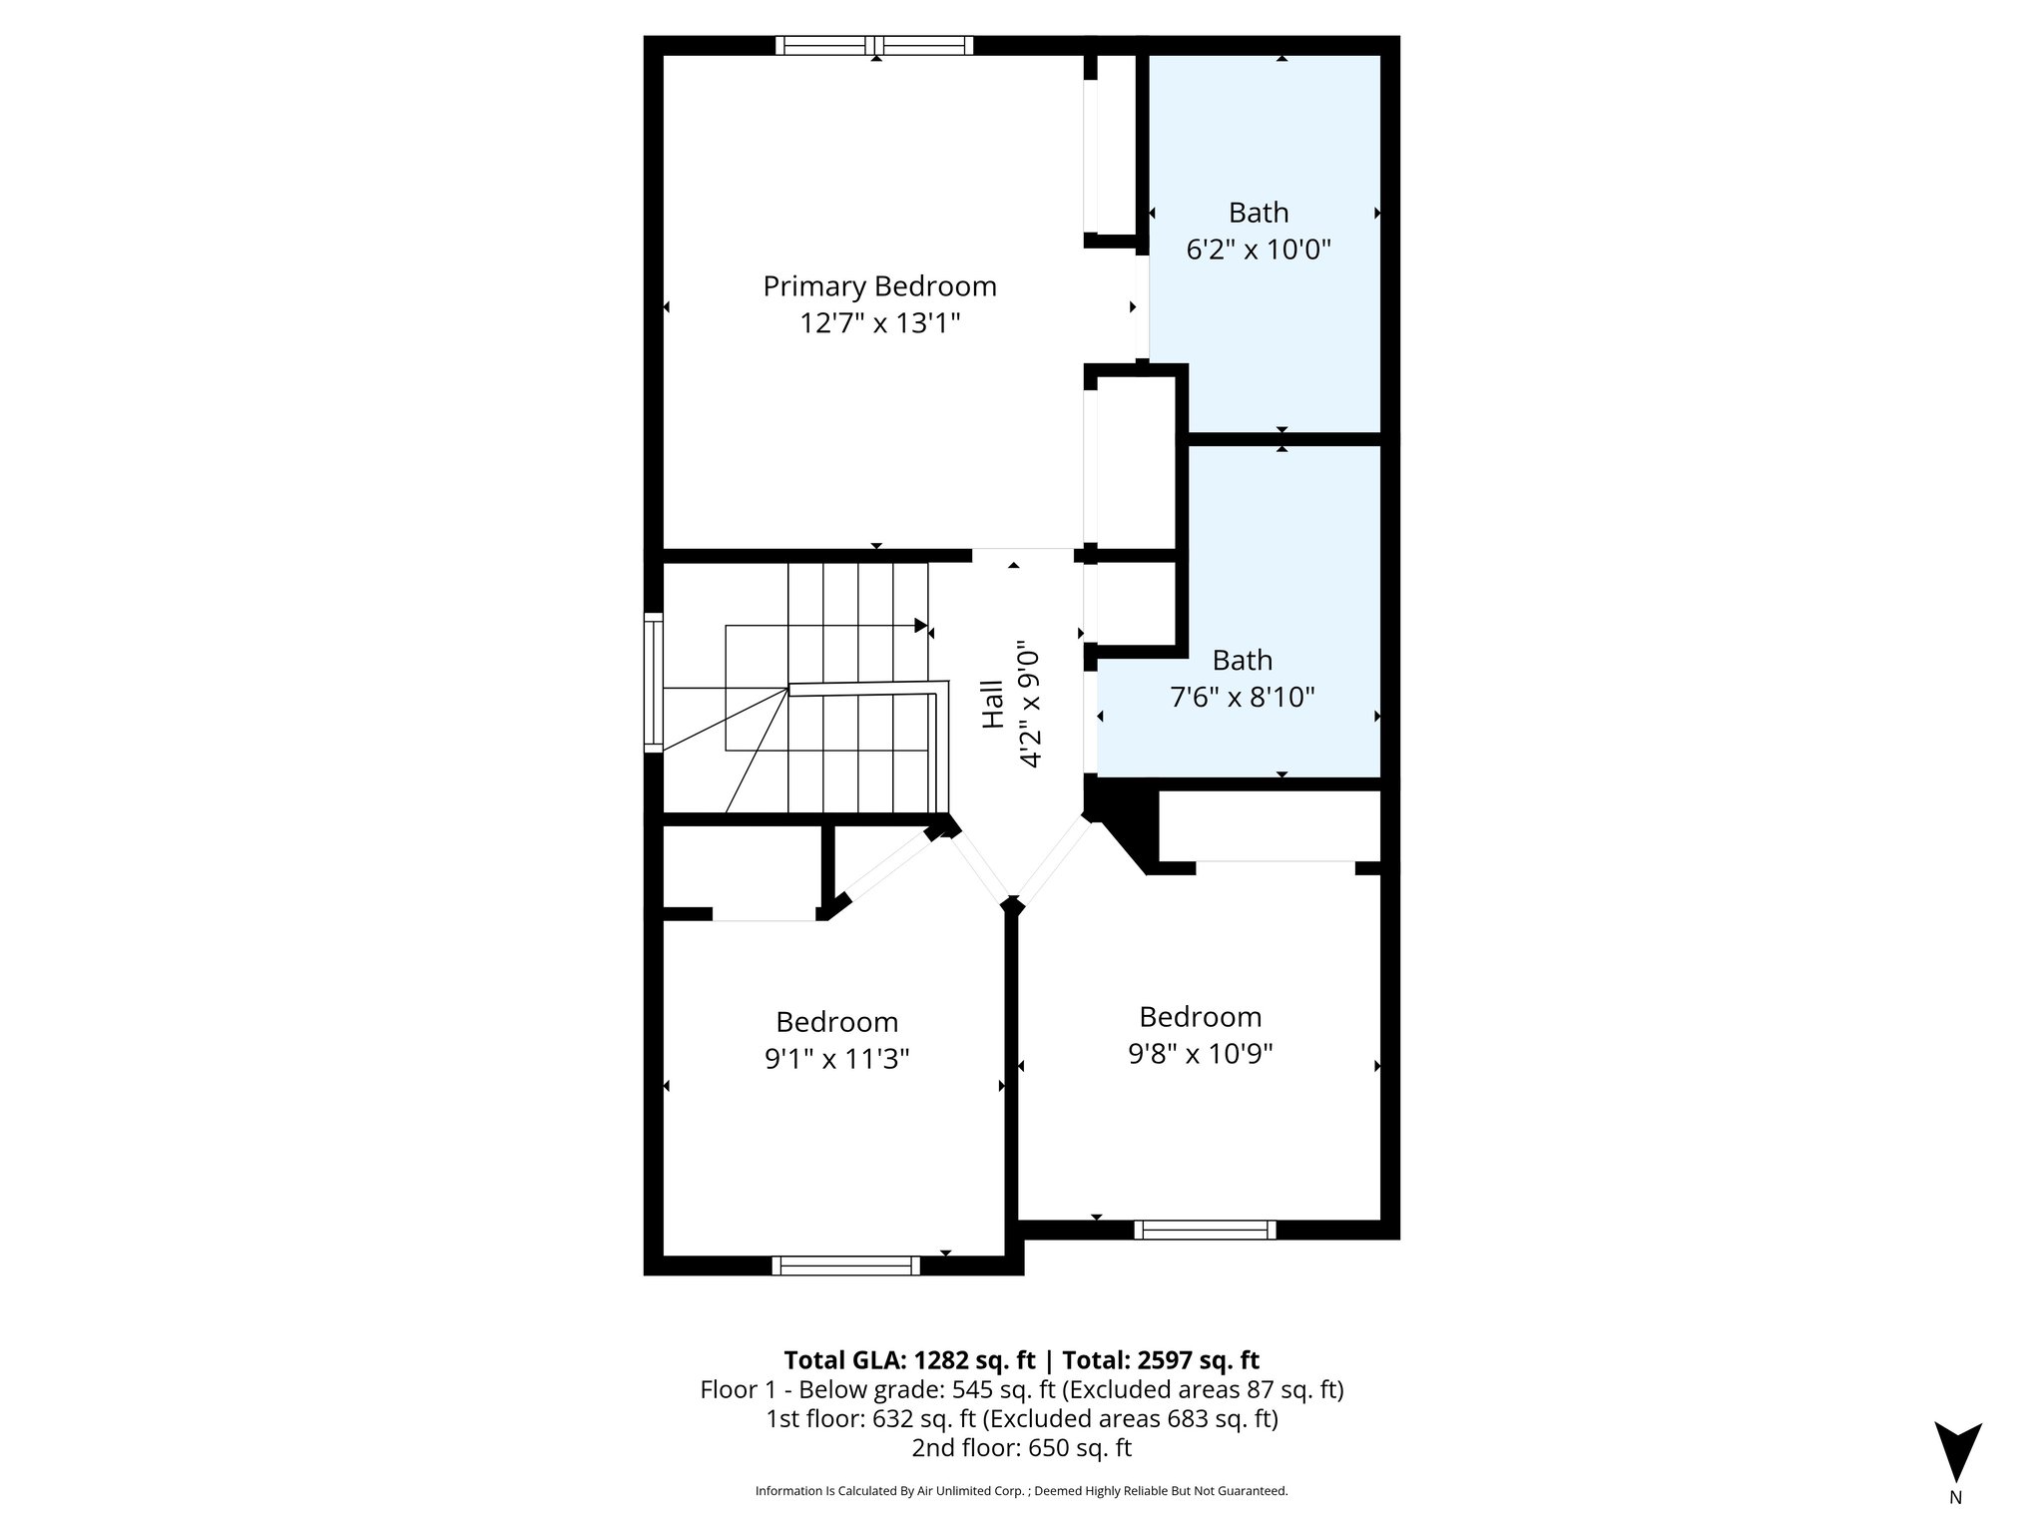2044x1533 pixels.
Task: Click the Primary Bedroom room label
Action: [x=879, y=286]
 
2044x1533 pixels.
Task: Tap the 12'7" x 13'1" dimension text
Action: [x=879, y=323]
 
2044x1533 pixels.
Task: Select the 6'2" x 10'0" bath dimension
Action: [x=1259, y=250]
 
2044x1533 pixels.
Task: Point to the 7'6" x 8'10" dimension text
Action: [x=1242, y=697]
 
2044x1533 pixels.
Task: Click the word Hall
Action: [x=993, y=705]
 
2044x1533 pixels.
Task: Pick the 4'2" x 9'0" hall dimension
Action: [x=1030, y=709]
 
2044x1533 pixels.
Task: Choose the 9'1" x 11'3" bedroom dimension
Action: [x=836, y=1058]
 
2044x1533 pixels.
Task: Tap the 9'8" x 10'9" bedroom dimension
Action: [x=1200, y=1053]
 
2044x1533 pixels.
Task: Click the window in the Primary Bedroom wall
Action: [x=874, y=45]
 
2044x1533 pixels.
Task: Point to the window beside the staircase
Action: [x=654, y=683]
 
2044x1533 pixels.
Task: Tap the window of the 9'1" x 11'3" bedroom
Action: [x=845, y=1266]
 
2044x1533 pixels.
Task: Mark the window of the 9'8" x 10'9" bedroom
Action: [x=1205, y=1230]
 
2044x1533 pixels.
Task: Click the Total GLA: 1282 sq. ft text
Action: [x=910, y=1360]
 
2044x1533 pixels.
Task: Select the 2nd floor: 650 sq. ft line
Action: [x=1021, y=1448]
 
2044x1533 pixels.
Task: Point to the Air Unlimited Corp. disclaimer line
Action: [x=1021, y=1491]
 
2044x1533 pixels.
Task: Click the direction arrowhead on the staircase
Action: [x=920, y=626]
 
